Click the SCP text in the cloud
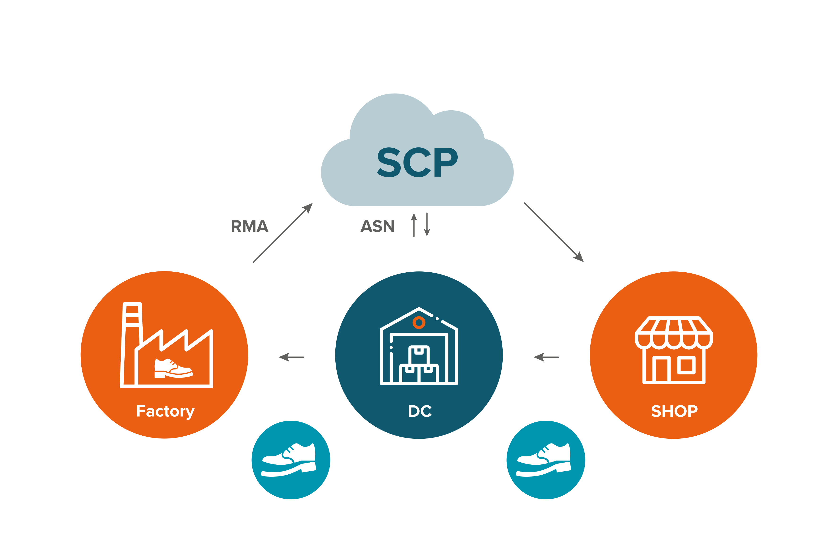coord(417,162)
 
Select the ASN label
coord(377,226)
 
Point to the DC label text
coord(420,411)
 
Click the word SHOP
coord(674,411)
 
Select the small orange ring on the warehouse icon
coord(419,323)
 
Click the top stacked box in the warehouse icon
coord(419,355)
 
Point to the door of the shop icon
coord(661,370)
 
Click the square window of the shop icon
coord(686,365)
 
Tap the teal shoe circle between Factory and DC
coord(291,460)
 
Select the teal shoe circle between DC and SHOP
coord(545,460)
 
